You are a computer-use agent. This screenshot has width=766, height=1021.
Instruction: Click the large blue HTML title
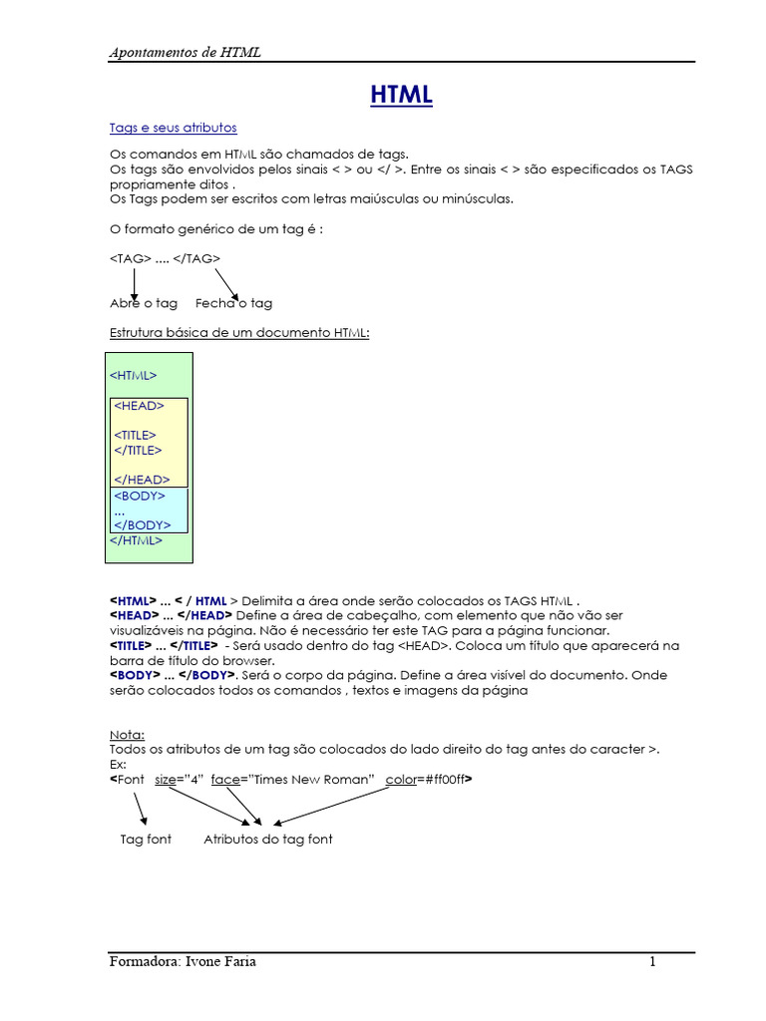402,96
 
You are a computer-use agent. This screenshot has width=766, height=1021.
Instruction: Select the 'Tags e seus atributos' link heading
173,129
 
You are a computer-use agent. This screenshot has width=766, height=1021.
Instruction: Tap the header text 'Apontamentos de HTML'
185,52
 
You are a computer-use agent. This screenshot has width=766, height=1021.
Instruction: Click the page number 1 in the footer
652,962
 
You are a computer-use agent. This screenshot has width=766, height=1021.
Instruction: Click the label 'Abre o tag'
144,303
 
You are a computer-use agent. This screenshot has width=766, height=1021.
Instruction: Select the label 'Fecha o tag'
233,303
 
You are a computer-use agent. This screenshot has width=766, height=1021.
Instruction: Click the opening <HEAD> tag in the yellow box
140,406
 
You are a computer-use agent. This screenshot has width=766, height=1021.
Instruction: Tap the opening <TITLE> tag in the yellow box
136,435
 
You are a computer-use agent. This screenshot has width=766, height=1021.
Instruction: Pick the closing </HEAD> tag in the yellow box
142,480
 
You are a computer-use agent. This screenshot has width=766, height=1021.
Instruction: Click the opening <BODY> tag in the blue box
140,496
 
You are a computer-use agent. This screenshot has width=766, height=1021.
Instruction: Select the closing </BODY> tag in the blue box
143,524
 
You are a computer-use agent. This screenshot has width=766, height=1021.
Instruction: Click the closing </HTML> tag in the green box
136,540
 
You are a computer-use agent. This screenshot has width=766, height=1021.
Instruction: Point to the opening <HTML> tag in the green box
133,376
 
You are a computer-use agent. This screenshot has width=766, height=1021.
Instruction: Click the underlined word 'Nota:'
127,734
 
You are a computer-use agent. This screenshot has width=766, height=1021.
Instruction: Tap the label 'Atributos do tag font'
268,840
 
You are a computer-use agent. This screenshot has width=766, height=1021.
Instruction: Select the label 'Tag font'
146,840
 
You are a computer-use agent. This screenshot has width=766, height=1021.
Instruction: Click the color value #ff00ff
442,779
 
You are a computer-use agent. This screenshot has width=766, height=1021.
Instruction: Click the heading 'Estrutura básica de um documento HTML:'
239,332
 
